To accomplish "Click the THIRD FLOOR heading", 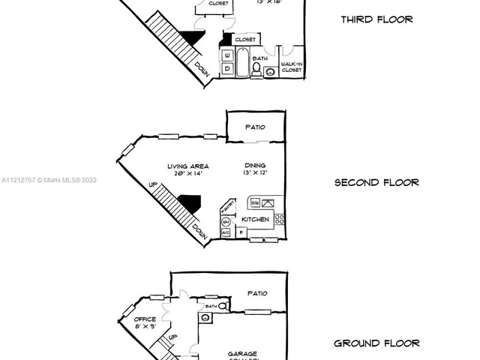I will click(x=376, y=19).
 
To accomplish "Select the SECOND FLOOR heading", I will click(x=376, y=182).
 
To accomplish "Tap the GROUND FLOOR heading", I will click(x=376, y=343).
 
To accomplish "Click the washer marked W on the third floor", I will click(x=227, y=54).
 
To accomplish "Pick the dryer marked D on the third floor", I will click(x=227, y=68).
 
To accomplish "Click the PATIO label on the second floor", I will click(x=255, y=127).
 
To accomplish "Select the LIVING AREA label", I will click(x=188, y=166).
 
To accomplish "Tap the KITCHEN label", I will click(x=255, y=219).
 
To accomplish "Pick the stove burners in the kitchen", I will click(x=279, y=219).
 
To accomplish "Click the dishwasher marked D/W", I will click(x=255, y=202).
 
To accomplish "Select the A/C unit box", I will click(x=226, y=233).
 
